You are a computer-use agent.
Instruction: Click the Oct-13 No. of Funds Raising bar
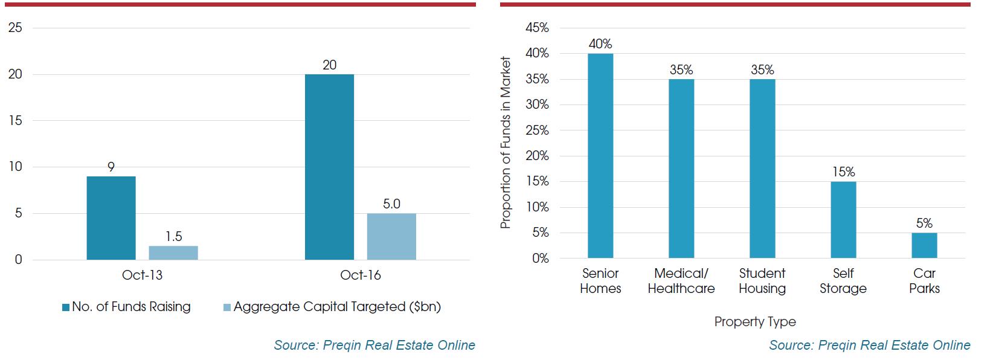111,218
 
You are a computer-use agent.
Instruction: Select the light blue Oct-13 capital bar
173,252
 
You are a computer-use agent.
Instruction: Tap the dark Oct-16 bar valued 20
329,167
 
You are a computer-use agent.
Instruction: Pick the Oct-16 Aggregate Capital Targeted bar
391,236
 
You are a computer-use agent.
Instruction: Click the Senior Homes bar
600,156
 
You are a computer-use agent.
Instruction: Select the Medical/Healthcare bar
681,169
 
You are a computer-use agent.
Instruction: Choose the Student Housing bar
762,169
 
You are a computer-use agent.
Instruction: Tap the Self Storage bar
843,220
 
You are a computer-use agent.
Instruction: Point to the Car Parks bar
924,245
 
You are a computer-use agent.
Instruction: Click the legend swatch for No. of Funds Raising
66,307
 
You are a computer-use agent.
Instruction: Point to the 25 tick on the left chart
15,28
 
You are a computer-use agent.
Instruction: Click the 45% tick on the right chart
537,28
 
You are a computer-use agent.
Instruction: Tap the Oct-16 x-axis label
361,275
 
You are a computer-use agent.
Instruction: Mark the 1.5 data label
174,237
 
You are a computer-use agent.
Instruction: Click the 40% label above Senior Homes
600,44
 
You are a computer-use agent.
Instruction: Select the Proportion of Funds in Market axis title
506,143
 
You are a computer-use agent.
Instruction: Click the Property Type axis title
755,322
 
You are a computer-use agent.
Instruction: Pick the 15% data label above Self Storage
843,172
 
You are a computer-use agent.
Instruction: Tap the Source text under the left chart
374,345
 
